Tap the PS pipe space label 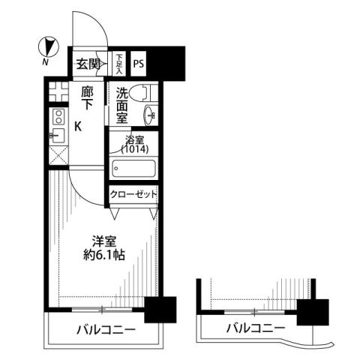tap(139, 64)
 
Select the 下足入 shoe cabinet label tap(120, 62)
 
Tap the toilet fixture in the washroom tap(141, 94)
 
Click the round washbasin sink tap(149, 115)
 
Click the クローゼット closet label tap(134, 193)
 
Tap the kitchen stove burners tap(58, 118)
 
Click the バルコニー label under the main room tap(105, 330)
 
